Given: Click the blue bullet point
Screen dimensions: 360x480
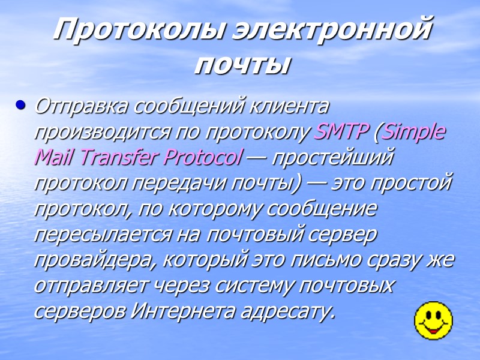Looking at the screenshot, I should pyautogui.click(x=22, y=106).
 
